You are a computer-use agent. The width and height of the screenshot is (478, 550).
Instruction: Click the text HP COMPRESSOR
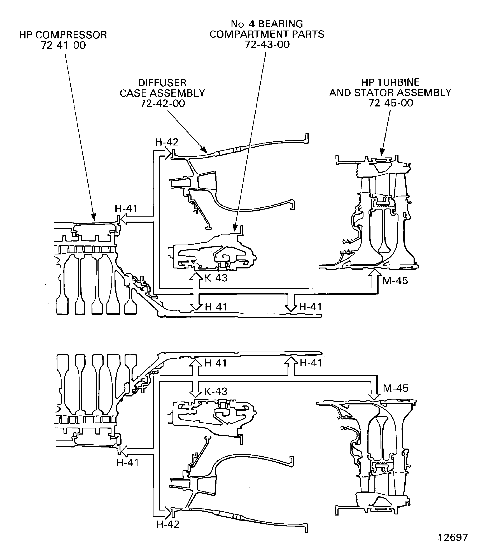tap(63, 35)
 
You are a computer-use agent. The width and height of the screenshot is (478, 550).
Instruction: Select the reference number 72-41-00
tap(63, 45)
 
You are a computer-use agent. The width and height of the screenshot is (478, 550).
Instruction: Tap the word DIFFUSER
tap(162, 83)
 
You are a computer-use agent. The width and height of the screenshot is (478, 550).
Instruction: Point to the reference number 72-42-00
tap(162, 103)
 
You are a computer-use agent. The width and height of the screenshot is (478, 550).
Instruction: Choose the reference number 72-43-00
tap(267, 44)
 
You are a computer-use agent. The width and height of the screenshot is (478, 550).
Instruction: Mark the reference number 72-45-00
tap(391, 103)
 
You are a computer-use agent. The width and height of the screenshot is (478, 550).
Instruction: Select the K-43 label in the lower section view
tap(216, 391)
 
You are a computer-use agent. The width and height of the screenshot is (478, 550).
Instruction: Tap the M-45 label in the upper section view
tap(395, 281)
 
